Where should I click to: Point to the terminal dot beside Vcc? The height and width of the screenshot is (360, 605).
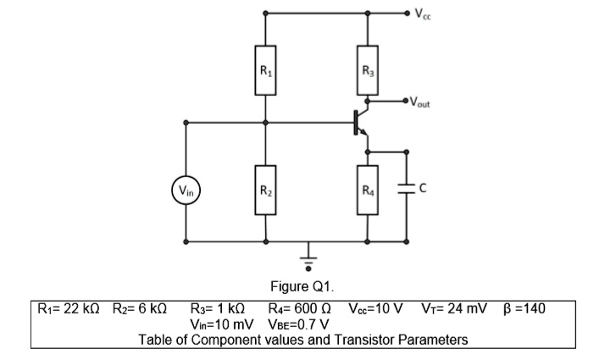coord(408,13)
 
